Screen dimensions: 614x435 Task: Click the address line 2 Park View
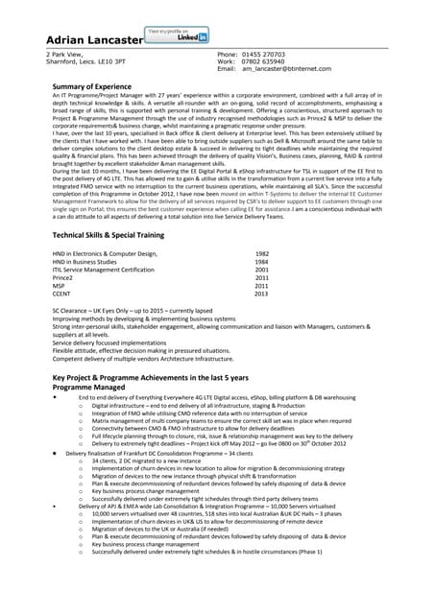[x=53, y=55]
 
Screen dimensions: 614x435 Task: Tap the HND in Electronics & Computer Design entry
[x=105, y=253]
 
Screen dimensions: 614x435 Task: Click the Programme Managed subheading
[x=93, y=389]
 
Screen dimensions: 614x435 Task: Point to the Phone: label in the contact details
[x=229, y=55]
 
